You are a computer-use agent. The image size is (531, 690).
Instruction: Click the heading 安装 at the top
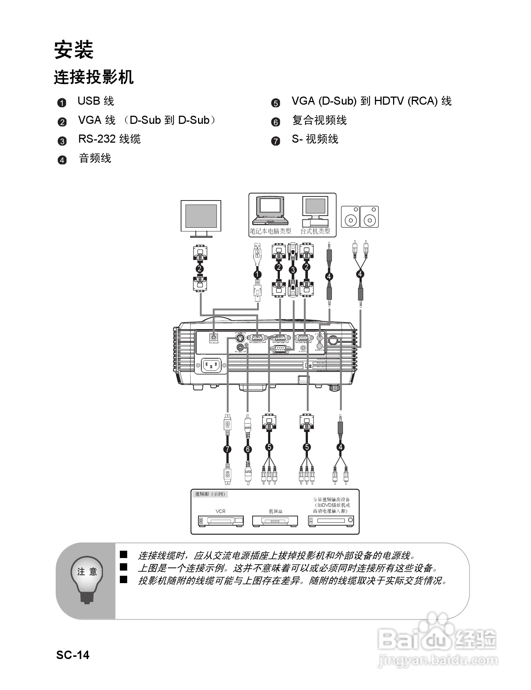tap(74, 50)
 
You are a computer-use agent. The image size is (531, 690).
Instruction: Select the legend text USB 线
tap(96, 101)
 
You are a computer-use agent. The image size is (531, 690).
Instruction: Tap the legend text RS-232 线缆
tap(109, 139)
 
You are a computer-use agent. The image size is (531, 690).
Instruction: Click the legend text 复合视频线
tap(319, 120)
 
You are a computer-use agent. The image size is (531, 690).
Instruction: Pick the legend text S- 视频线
tap(315, 139)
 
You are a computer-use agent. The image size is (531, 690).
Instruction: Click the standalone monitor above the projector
tap(201, 218)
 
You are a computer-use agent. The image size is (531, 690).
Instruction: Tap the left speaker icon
tap(350, 217)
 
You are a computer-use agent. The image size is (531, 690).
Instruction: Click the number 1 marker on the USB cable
tap(257, 274)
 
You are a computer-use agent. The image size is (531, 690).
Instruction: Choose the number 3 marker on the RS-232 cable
tap(293, 270)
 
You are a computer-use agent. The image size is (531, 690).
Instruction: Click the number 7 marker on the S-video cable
tap(228, 449)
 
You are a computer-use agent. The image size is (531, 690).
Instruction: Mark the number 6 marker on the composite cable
tap(248, 449)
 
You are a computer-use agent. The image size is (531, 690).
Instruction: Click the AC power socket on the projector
tap(211, 365)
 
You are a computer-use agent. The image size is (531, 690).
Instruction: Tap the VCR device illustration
tap(221, 521)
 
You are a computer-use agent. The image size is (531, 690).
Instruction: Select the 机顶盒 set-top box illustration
tap(275, 521)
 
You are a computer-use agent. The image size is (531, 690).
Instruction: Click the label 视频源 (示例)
tap(210, 494)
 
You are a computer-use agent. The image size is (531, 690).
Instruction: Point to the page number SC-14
tap(73, 655)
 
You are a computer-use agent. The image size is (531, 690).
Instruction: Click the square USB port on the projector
tap(214, 337)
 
